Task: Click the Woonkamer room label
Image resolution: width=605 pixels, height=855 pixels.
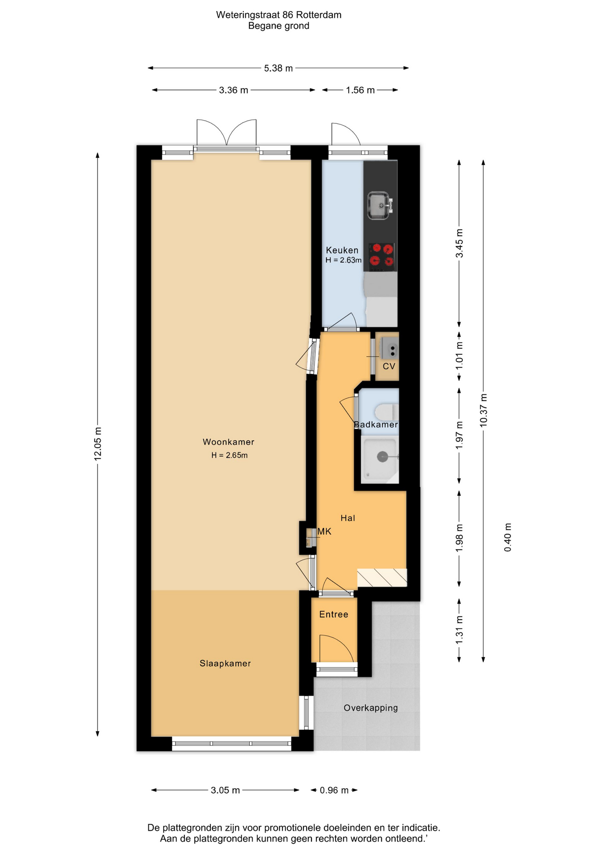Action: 228,442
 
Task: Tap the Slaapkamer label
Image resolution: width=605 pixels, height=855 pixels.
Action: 225,663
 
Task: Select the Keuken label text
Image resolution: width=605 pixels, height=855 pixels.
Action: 342,250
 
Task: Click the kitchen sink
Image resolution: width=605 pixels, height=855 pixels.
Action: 380,206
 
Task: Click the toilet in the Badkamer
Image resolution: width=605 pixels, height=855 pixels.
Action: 387,411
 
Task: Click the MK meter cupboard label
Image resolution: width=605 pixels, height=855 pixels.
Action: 324,531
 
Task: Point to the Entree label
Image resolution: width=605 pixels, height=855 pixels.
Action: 334,615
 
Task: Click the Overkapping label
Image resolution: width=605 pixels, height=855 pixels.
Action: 371,708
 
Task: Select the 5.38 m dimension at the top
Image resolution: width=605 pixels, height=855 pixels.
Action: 278,68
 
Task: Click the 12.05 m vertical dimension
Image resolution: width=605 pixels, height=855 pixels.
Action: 98,444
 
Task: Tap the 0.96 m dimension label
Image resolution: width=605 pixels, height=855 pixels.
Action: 334,790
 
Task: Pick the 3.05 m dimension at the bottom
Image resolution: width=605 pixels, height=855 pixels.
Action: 225,790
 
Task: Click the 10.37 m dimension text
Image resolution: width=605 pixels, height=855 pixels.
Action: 483,410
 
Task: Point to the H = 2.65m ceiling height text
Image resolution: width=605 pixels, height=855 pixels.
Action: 229,455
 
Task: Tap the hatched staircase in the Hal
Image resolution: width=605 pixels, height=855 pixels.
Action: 382,578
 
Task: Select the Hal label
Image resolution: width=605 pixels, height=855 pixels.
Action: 347,518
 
